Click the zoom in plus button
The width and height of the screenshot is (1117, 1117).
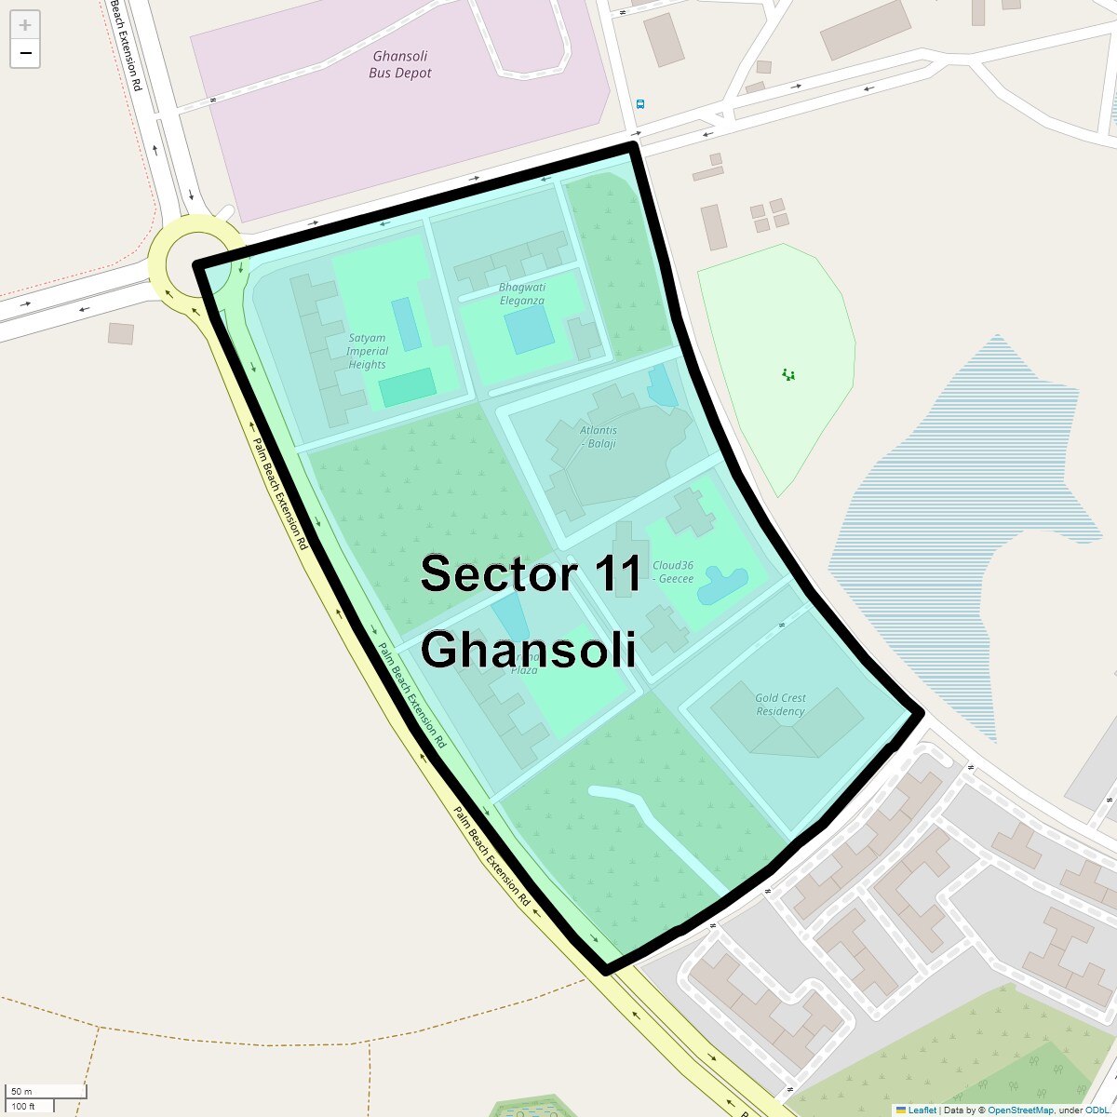click(25, 25)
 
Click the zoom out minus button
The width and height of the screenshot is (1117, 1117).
click(25, 53)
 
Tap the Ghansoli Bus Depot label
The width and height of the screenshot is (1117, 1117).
click(399, 64)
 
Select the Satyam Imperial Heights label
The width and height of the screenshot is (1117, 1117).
click(367, 352)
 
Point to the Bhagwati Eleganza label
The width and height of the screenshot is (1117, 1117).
click(521, 294)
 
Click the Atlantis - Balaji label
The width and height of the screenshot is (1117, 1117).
click(599, 437)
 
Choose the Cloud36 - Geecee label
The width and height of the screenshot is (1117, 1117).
click(673, 572)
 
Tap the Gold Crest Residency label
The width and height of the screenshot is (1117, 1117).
click(780, 705)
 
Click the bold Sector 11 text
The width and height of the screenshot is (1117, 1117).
click(531, 573)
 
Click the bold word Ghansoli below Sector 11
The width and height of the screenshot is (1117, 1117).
click(528, 649)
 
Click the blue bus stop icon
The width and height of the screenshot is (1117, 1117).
click(639, 104)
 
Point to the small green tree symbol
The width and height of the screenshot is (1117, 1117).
click(788, 375)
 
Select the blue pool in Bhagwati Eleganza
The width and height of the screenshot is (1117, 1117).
click(530, 330)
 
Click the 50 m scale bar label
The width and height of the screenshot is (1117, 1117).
click(21, 1091)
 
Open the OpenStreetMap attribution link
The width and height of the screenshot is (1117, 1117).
click(1020, 1110)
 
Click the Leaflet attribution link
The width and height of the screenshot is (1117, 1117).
click(922, 1110)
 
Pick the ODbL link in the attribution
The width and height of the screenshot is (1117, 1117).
click(1096, 1110)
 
